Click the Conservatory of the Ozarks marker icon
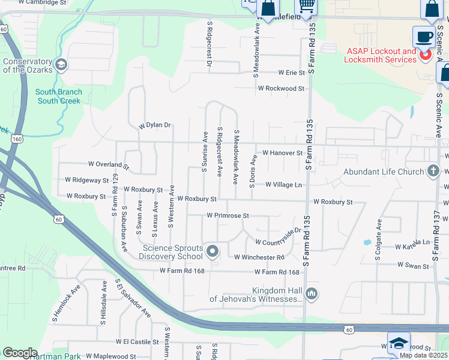point(60,64)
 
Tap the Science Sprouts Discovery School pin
point(211,251)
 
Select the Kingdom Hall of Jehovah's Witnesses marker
point(311,293)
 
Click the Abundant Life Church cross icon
point(433,172)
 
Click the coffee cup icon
point(424,37)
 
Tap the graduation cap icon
point(398,343)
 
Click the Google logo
point(20,353)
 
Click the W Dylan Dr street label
point(155,125)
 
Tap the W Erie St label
point(291,73)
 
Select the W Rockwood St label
point(281,88)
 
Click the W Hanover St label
point(282,153)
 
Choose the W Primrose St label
point(227,215)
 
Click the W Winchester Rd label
point(259,257)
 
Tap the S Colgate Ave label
point(378,239)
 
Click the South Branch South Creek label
point(58,97)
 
